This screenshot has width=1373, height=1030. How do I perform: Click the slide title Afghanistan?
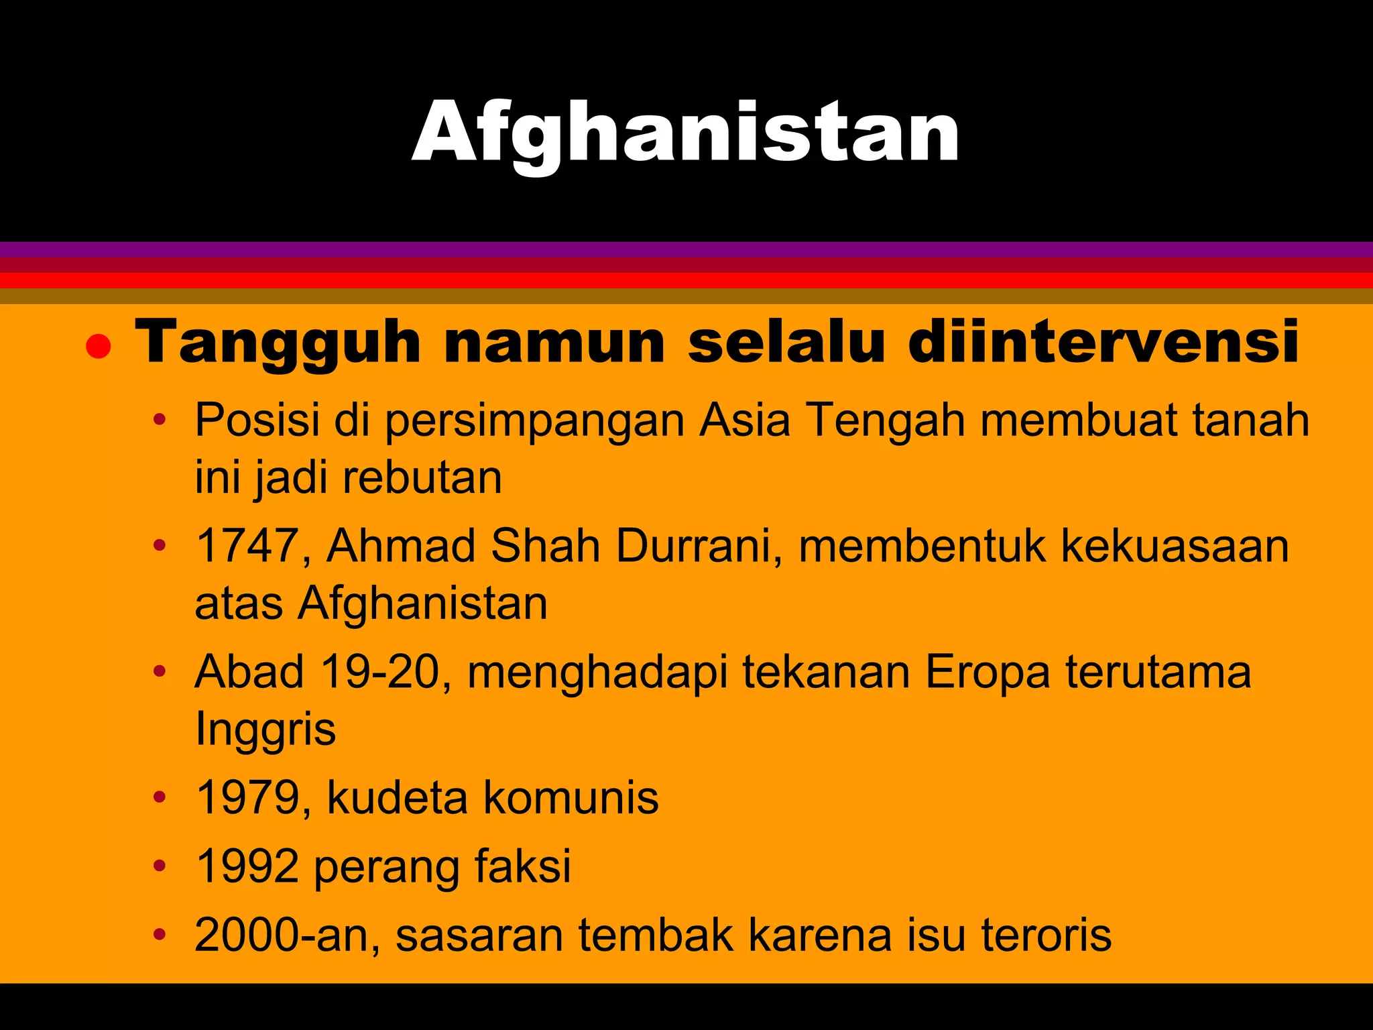(685, 133)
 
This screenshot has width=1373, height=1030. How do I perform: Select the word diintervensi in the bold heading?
(1103, 341)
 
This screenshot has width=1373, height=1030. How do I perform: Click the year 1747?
(247, 545)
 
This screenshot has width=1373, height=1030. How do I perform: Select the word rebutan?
(422, 477)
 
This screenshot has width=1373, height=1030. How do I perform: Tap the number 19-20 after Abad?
(379, 672)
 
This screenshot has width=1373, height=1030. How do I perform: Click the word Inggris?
(265, 730)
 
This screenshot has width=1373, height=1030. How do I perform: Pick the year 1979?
(247, 797)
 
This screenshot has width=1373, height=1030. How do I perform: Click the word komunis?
(571, 797)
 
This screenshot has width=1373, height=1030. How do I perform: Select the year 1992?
(247, 866)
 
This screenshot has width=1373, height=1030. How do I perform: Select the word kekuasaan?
(1175, 545)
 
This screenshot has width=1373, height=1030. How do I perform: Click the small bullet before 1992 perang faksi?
(159, 866)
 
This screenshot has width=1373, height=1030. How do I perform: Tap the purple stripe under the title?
(686, 249)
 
